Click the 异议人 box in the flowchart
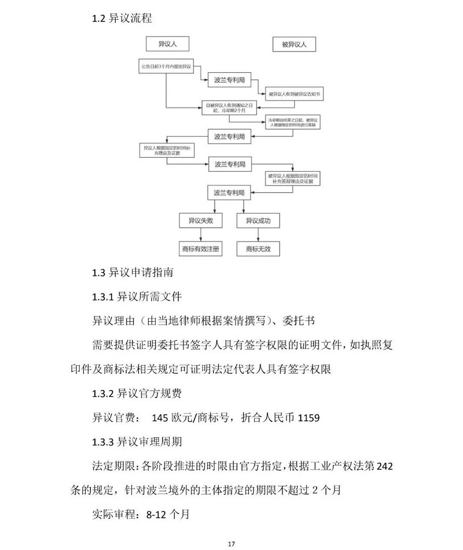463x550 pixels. (167, 44)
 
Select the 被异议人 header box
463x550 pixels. (294, 44)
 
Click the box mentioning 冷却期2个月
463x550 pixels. (229, 107)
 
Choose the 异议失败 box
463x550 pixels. (200, 221)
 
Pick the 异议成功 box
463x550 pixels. (258, 221)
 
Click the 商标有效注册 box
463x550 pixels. (200, 248)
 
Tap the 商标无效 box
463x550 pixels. (258, 248)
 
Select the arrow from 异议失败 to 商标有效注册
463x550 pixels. (200, 235)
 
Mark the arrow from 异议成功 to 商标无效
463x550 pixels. (258, 235)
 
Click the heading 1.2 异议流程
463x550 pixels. (122, 18)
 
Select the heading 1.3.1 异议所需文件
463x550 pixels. (137, 298)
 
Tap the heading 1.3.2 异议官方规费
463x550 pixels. (137, 394)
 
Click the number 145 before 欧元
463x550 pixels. (160, 418)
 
